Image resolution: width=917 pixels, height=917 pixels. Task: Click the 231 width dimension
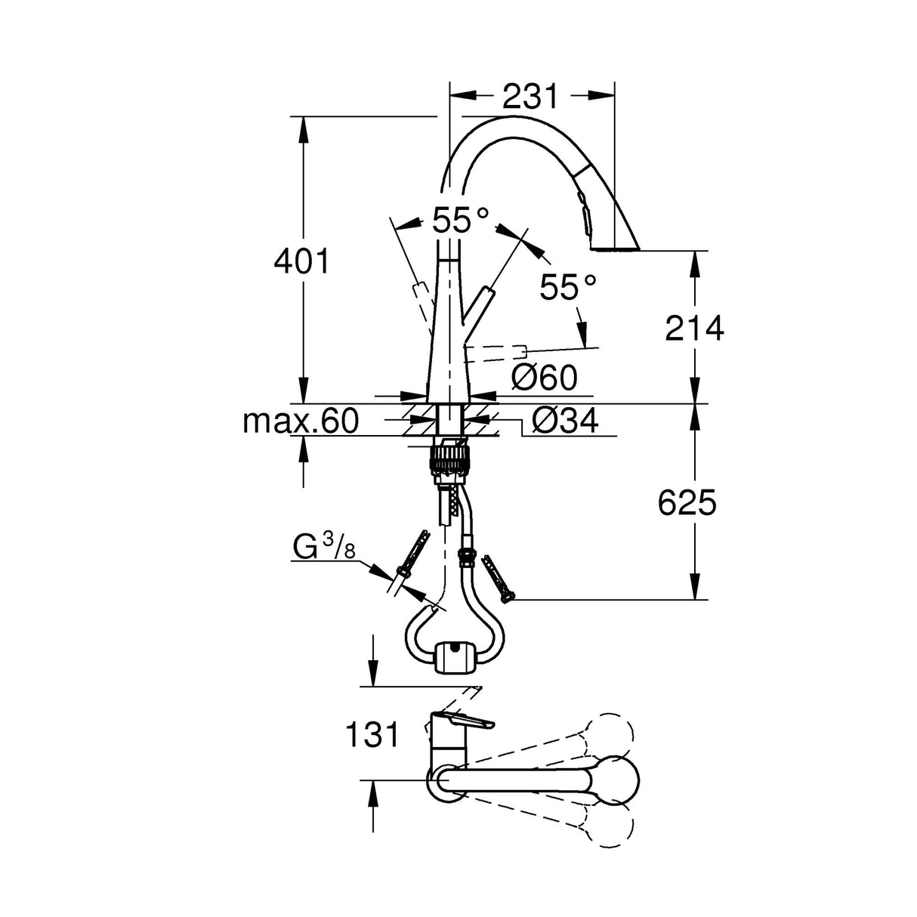point(530,97)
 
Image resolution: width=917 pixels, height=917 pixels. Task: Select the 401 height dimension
point(302,262)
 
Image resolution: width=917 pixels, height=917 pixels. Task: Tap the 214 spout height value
point(693,328)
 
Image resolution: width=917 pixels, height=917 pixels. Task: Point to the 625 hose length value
point(686,502)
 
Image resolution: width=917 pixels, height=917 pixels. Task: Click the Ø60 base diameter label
point(543,377)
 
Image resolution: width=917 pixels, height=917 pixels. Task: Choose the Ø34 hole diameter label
point(564,421)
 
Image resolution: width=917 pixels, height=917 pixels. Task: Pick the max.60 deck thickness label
point(300,421)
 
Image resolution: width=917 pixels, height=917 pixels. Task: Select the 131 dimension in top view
point(372,733)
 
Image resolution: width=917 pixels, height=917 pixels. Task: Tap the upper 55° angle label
point(460,221)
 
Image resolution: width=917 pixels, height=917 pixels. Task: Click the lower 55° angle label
point(568,287)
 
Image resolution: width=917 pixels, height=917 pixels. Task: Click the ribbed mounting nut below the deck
point(451,458)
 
